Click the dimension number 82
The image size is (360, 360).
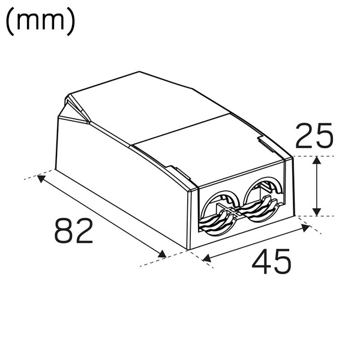[x=74, y=231]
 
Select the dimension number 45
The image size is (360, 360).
[x=271, y=262]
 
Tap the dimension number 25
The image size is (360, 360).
[x=314, y=136]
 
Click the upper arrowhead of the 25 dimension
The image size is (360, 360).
[x=317, y=161]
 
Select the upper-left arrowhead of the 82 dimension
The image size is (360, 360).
[x=41, y=178]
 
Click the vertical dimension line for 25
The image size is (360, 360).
[x=317, y=186]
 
